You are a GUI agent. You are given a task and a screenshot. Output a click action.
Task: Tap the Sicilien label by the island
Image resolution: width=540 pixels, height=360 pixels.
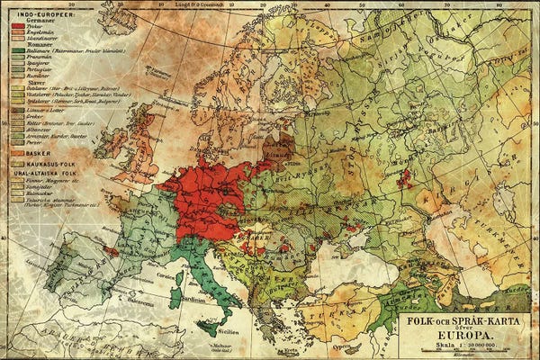223,332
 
